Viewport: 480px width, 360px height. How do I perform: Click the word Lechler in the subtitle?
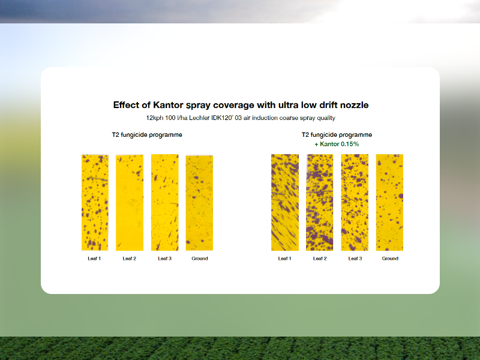[199, 118]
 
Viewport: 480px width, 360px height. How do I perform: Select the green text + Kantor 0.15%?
[337, 144]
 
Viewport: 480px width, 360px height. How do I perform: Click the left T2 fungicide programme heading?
[147, 134]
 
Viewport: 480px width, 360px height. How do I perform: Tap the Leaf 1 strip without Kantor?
[95, 202]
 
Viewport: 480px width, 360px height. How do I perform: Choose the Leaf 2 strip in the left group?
[130, 202]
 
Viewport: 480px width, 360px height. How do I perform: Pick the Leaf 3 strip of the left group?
[164, 202]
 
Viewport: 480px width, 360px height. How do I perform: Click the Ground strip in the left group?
[199, 202]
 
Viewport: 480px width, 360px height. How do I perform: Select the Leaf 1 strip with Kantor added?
[284, 202]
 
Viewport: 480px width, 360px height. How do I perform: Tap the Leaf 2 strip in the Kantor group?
[320, 202]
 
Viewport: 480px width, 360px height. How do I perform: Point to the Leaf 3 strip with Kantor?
[355, 202]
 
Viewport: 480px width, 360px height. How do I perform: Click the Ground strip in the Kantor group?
[389, 202]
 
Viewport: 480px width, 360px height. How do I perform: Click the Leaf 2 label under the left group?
[130, 259]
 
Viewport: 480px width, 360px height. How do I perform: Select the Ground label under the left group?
[200, 259]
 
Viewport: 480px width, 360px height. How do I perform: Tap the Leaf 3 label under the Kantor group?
[355, 259]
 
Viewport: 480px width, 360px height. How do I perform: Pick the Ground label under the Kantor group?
[390, 259]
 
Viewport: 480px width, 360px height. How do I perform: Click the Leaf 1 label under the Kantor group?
[284, 259]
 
